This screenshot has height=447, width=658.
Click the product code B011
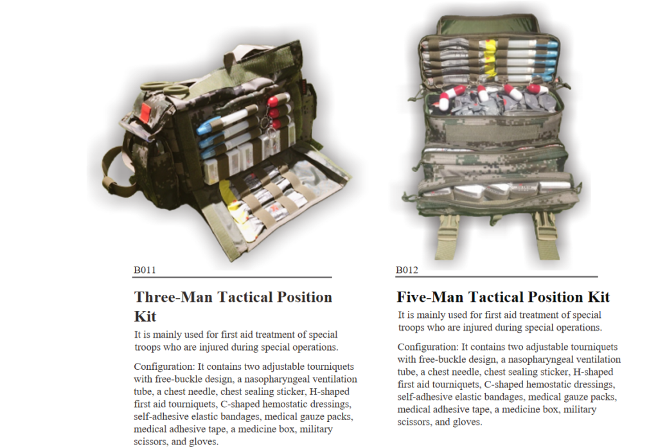145,270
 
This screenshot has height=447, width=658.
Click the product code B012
407,270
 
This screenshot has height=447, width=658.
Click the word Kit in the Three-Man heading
145,316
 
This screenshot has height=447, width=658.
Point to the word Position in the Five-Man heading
555,297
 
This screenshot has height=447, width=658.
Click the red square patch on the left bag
145,112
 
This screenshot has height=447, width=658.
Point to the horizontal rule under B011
232,277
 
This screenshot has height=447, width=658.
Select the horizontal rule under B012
497,277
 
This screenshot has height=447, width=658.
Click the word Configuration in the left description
164,367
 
